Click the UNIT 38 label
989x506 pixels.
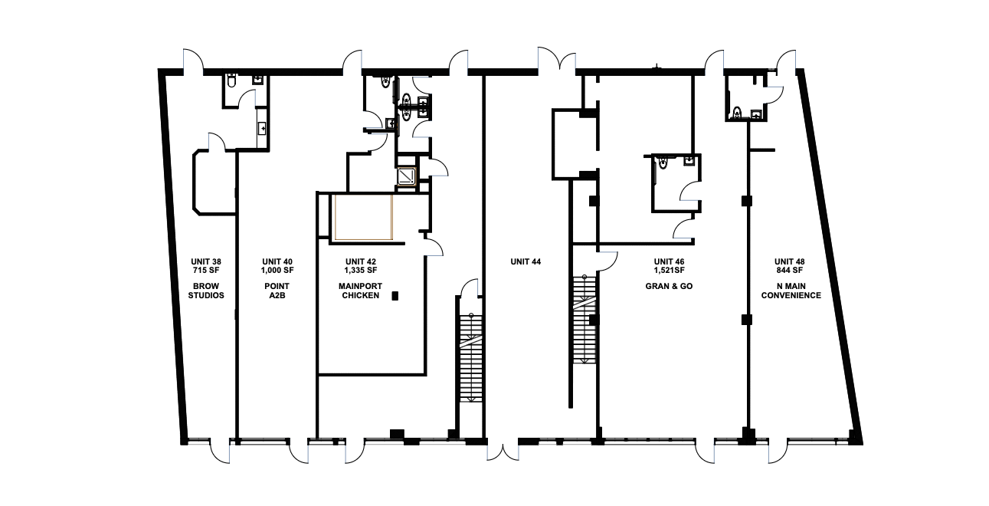point(206,261)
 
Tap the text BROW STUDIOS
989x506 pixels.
point(206,291)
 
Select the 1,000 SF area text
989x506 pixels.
point(277,270)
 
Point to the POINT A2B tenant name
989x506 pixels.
point(277,291)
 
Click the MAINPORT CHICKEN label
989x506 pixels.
point(361,291)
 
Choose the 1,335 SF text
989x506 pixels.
point(361,270)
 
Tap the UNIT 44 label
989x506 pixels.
point(526,261)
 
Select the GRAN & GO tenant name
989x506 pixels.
point(669,286)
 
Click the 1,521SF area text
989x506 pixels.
point(670,270)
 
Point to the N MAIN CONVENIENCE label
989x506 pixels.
point(791,291)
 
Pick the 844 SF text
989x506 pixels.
point(789,270)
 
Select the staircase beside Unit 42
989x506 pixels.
point(471,358)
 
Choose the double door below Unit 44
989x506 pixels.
point(503,452)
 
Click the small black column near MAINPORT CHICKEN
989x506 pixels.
point(395,296)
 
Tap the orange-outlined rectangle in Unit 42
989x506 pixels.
point(363,217)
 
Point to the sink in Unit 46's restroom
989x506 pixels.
point(689,161)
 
